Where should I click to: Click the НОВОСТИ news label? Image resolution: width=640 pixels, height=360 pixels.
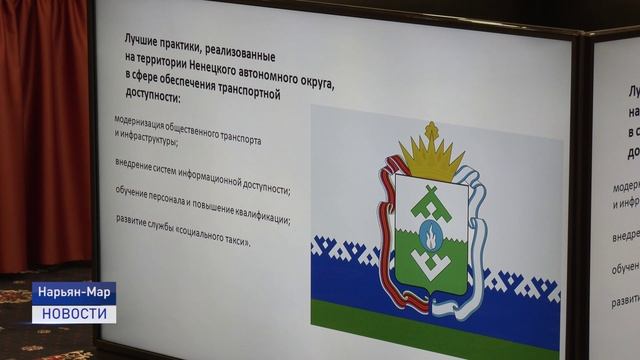74,314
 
